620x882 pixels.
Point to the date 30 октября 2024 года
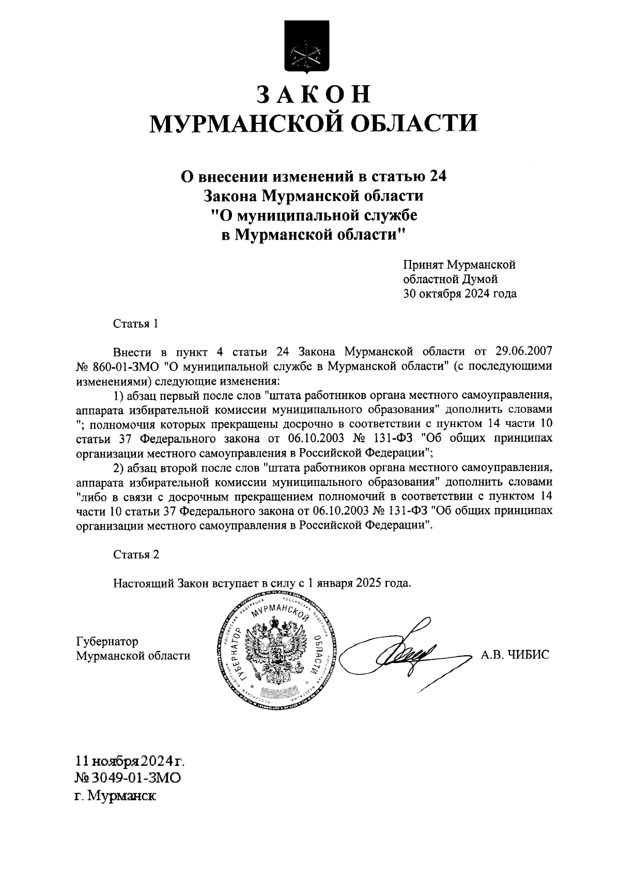click(x=460, y=294)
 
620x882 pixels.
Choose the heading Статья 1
click(x=135, y=324)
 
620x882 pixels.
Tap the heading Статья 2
click(x=136, y=555)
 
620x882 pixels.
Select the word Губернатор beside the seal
click(x=107, y=641)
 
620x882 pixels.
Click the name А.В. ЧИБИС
click(x=515, y=655)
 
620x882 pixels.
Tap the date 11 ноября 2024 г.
click(x=130, y=761)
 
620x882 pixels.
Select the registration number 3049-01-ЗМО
click(x=137, y=778)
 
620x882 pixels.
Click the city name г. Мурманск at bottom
click(x=115, y=795)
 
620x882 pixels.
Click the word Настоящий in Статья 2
click(x=143, y=583)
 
